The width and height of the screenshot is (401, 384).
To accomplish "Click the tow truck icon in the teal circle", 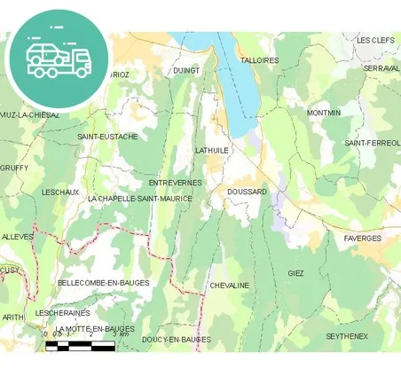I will pos(58,59).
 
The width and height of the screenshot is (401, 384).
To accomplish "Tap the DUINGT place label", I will pos(186,70).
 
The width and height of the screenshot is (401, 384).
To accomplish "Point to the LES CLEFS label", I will pos(375,40).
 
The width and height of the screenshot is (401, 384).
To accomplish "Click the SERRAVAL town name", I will pos(381,68).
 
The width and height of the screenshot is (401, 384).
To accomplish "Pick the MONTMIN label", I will pos(324,114).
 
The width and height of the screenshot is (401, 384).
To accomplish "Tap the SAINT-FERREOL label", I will pos(372,143).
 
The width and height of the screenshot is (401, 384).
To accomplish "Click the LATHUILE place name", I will pos(212,151).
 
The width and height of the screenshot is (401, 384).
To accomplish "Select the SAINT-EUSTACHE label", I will pos(107,137).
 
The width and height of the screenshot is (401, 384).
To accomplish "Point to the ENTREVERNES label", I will pos(176,183).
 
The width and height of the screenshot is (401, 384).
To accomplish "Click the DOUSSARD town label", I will pos(247,192).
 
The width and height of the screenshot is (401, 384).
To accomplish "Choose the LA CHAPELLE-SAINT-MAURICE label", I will pos(140,199).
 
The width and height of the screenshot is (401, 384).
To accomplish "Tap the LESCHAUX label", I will pos(60,192).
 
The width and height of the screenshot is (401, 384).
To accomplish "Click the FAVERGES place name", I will pos(363,239).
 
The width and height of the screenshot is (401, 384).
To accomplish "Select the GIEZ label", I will pos(295,274).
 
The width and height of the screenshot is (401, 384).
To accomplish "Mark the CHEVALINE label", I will pos(229,286).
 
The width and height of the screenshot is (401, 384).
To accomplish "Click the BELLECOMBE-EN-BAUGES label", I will pos(104,283).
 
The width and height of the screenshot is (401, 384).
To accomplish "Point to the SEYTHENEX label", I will pos(347,336).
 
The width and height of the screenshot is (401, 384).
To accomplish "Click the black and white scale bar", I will pos(80,346).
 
